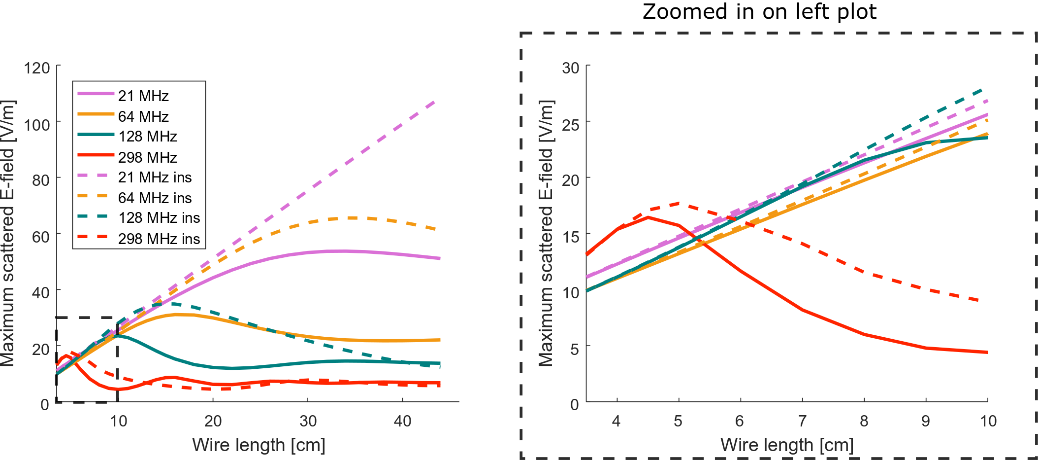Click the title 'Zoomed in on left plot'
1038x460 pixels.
[x=759, y=12]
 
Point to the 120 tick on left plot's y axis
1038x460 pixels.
[x=37, y=68]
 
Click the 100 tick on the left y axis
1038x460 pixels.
[x=37, y=124]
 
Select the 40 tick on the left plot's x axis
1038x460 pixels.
[x=402, y=421]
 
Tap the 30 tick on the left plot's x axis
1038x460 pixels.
[x=308, y=421]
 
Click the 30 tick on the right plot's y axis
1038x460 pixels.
[x=571, y=68]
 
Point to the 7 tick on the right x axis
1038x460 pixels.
[x=802, y=421]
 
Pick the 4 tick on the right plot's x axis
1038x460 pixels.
[x=616, y=421]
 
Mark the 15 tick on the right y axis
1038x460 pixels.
[x=571, y=236]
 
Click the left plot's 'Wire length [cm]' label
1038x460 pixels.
[x=259, y=445]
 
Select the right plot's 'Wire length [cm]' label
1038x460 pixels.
[x=786, y=445]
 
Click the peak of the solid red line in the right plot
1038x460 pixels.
[x=648, y=217]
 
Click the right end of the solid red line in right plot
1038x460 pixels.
[x=987, y=353]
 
